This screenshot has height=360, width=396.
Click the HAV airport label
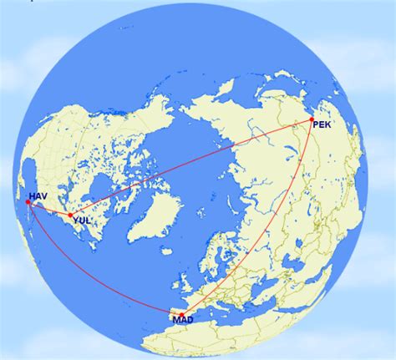[38, 196]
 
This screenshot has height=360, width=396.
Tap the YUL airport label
[82, 221]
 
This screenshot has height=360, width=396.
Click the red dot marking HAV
[29, 202]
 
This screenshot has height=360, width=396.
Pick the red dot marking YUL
[70, 215]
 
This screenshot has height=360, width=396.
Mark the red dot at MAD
[181, 315]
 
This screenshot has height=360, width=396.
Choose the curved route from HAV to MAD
[84, 284]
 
